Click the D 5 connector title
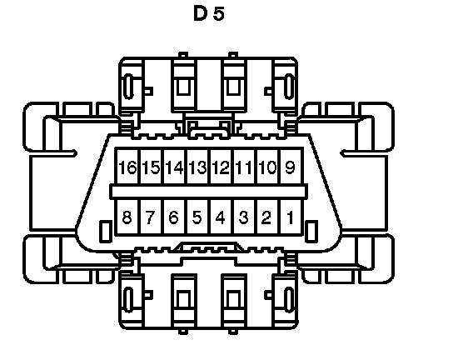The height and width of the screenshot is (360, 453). pos(209,13)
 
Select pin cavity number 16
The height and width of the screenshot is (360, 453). pos(127,167)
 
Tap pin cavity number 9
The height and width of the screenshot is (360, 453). pos(291,167)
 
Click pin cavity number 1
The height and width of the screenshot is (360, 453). pos(291,217)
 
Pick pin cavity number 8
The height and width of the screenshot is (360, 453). pos(127,217)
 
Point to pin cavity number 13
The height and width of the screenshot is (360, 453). pos(198,167)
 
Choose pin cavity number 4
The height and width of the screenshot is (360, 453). pos(222,217)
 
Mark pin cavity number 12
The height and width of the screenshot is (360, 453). pos(222,167)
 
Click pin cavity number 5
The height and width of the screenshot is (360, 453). pos(198,217)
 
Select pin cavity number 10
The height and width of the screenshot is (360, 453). pos(268,167)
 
